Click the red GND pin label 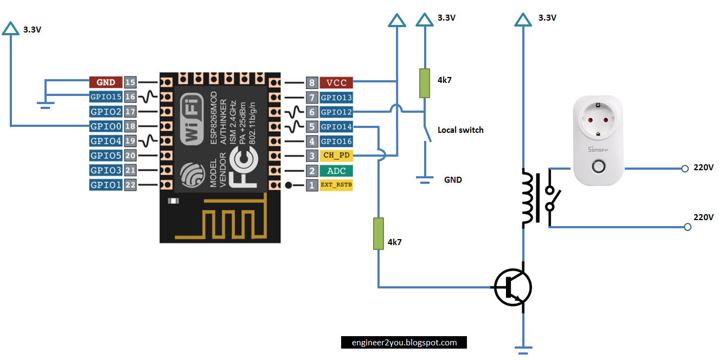click(x=106, y=82)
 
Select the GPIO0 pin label click(x=106, y=126)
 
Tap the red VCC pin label click(x=336, y=83)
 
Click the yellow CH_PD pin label click(x=336, y=156)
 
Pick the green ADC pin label click(x=336, y=171)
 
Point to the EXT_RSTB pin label click(x=336, y=185)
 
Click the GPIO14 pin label click(x=336, y=127)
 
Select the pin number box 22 click(x=130, y=185)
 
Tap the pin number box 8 click(x=311, y=83)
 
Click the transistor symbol click(x=513, y=288)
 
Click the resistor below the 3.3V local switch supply click(x=425, y=83)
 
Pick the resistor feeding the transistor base click(x=378, y=234)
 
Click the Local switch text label click(x=460, y=130)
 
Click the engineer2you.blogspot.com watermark click(x=404, y=343)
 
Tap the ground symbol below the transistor click(x=523, y=349)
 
